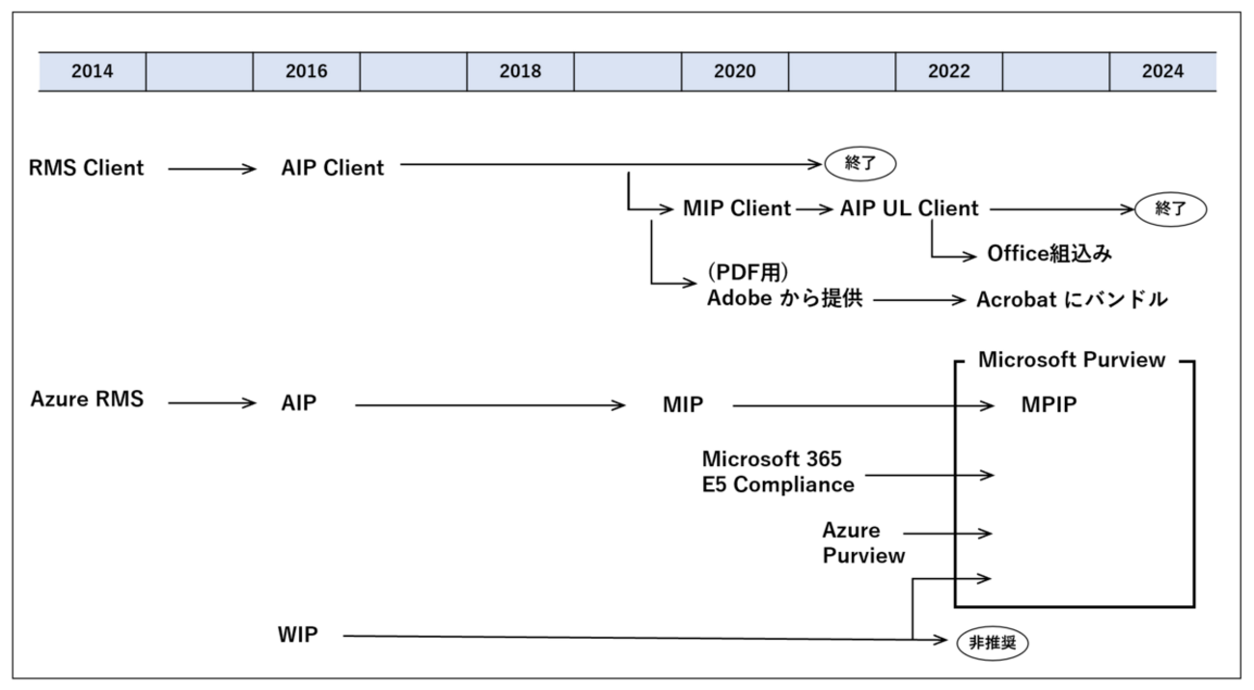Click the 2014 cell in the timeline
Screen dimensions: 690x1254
pyautogui.click(x=92, y=72)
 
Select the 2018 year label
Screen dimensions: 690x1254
pyautogui.click(x=520, y=72)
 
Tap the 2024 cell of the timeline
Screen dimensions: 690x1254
pyautogui.click(x=1162, y=72)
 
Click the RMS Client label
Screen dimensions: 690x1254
pyautogui.click(x=87, y=168)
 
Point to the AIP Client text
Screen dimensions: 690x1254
pyautogui.click(x=333, y=168)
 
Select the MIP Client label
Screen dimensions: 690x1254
pyautogui.click(x=736, y=208)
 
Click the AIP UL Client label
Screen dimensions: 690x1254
pyautogui.click(x=909, y=208)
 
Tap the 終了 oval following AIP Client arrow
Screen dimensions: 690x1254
pyautogui.click(x=859, y=164)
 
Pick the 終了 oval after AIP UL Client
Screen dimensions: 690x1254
pyautogui.click(x=1170, y=207)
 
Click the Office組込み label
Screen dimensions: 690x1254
pyautogui.click(x=1050, y=254)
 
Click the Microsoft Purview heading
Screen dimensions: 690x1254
pyautogui.click(x=1072, y=360)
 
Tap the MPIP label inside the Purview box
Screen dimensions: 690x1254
pyautogui.click(x=1049, y=406)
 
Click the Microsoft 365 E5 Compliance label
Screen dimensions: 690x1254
pyautogui.click(x=777, y=471)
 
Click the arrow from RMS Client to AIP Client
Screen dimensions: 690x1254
pyautogui.click(x=212, y=169)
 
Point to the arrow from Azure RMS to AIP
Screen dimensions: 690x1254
pyautogui.click(x=212, y=403)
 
